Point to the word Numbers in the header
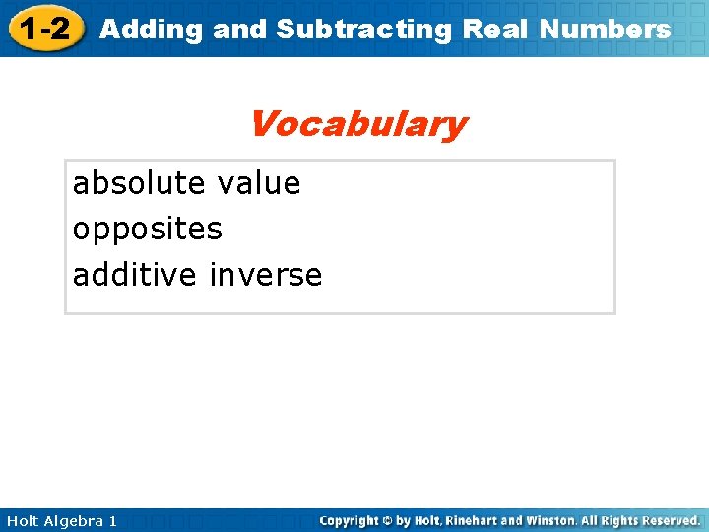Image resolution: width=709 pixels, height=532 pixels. click(x=605, y=30)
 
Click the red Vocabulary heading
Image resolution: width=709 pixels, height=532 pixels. click(x=357, y=125)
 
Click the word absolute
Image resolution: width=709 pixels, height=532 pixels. click(x=140, y=183)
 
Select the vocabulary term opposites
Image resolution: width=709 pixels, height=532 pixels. click(x=148, y=230)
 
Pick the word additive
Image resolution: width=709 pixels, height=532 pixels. click(x=135, y=275)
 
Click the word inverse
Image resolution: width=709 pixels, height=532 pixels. click(x=266, y=275)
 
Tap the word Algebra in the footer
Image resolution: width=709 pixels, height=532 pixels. click(x=74, y=520)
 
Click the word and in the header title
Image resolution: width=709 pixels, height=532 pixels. click(x=239, y=30)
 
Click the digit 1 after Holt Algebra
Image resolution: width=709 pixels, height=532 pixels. click(x=112, y=520)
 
